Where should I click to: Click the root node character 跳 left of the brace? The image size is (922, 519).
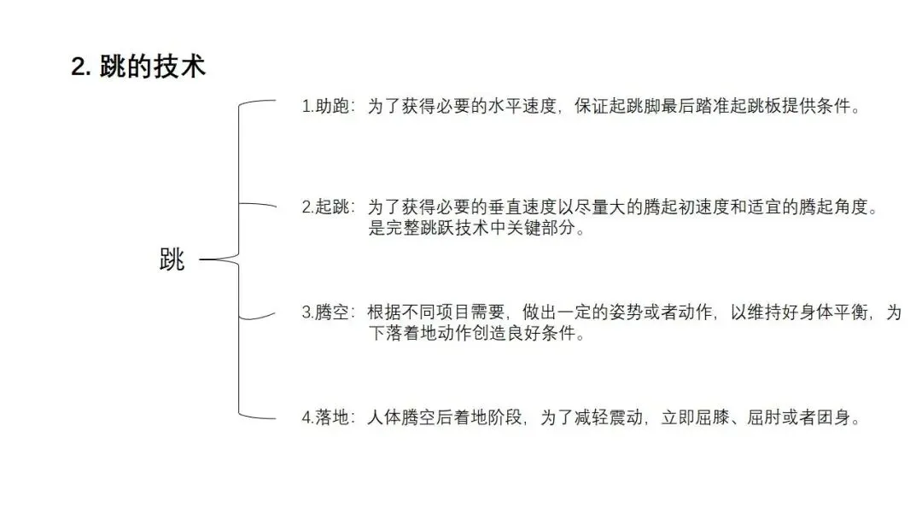(172, 260)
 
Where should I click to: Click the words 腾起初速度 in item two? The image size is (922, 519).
(667, 208)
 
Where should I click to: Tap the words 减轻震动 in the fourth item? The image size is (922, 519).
(613, 419)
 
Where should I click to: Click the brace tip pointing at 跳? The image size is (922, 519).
(204, 260)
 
